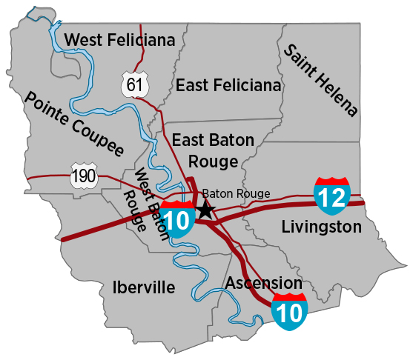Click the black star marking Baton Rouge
[205, 210]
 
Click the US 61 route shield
[133, 86]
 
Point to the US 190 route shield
[82, 176]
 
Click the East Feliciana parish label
[228, 86]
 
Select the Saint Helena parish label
[321, 80]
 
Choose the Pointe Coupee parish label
[73, 124]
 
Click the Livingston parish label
[321, 227]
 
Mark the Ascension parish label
[263, 283]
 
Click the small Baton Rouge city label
[236, 193]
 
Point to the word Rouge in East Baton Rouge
[213, 161]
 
